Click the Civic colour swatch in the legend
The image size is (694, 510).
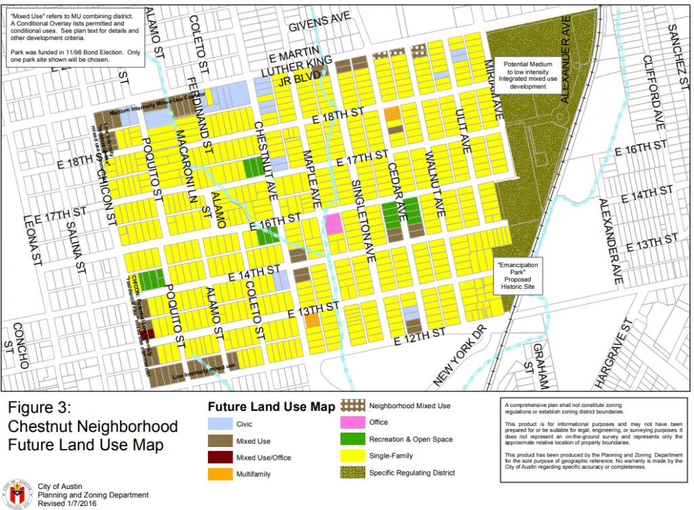(x=220, y=426)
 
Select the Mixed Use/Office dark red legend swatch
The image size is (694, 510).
(x=220, y=458)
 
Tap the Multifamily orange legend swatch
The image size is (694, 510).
(x=220, y=474)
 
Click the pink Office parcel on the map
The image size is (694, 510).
(x=333, y=224)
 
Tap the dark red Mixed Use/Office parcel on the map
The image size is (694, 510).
(x=150, y=333)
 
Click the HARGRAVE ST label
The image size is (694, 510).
(x=615, y=353)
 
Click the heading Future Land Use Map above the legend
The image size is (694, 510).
(x=271, y=408)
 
